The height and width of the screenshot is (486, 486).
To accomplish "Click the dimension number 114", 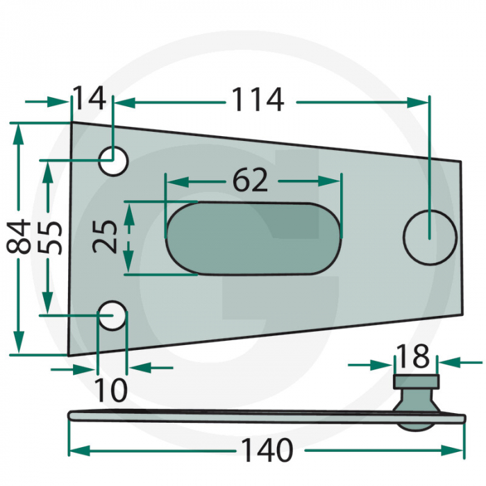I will (x=258, y=101).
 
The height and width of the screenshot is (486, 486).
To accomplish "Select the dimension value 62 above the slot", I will (x=250, y=181).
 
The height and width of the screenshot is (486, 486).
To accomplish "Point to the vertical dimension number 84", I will (x=19, y=237).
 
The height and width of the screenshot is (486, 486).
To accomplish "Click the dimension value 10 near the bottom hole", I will (x=111, y=391).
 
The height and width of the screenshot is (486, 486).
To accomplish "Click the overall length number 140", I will (x=266, y=451).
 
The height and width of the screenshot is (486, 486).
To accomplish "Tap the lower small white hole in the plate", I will (x=112, y=315).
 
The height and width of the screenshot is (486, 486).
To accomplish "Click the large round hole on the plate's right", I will (x=430, y=237).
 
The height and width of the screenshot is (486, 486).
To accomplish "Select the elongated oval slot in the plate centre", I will (x=253, y=237).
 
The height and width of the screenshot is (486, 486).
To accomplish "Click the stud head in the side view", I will (x=417, y=381).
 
